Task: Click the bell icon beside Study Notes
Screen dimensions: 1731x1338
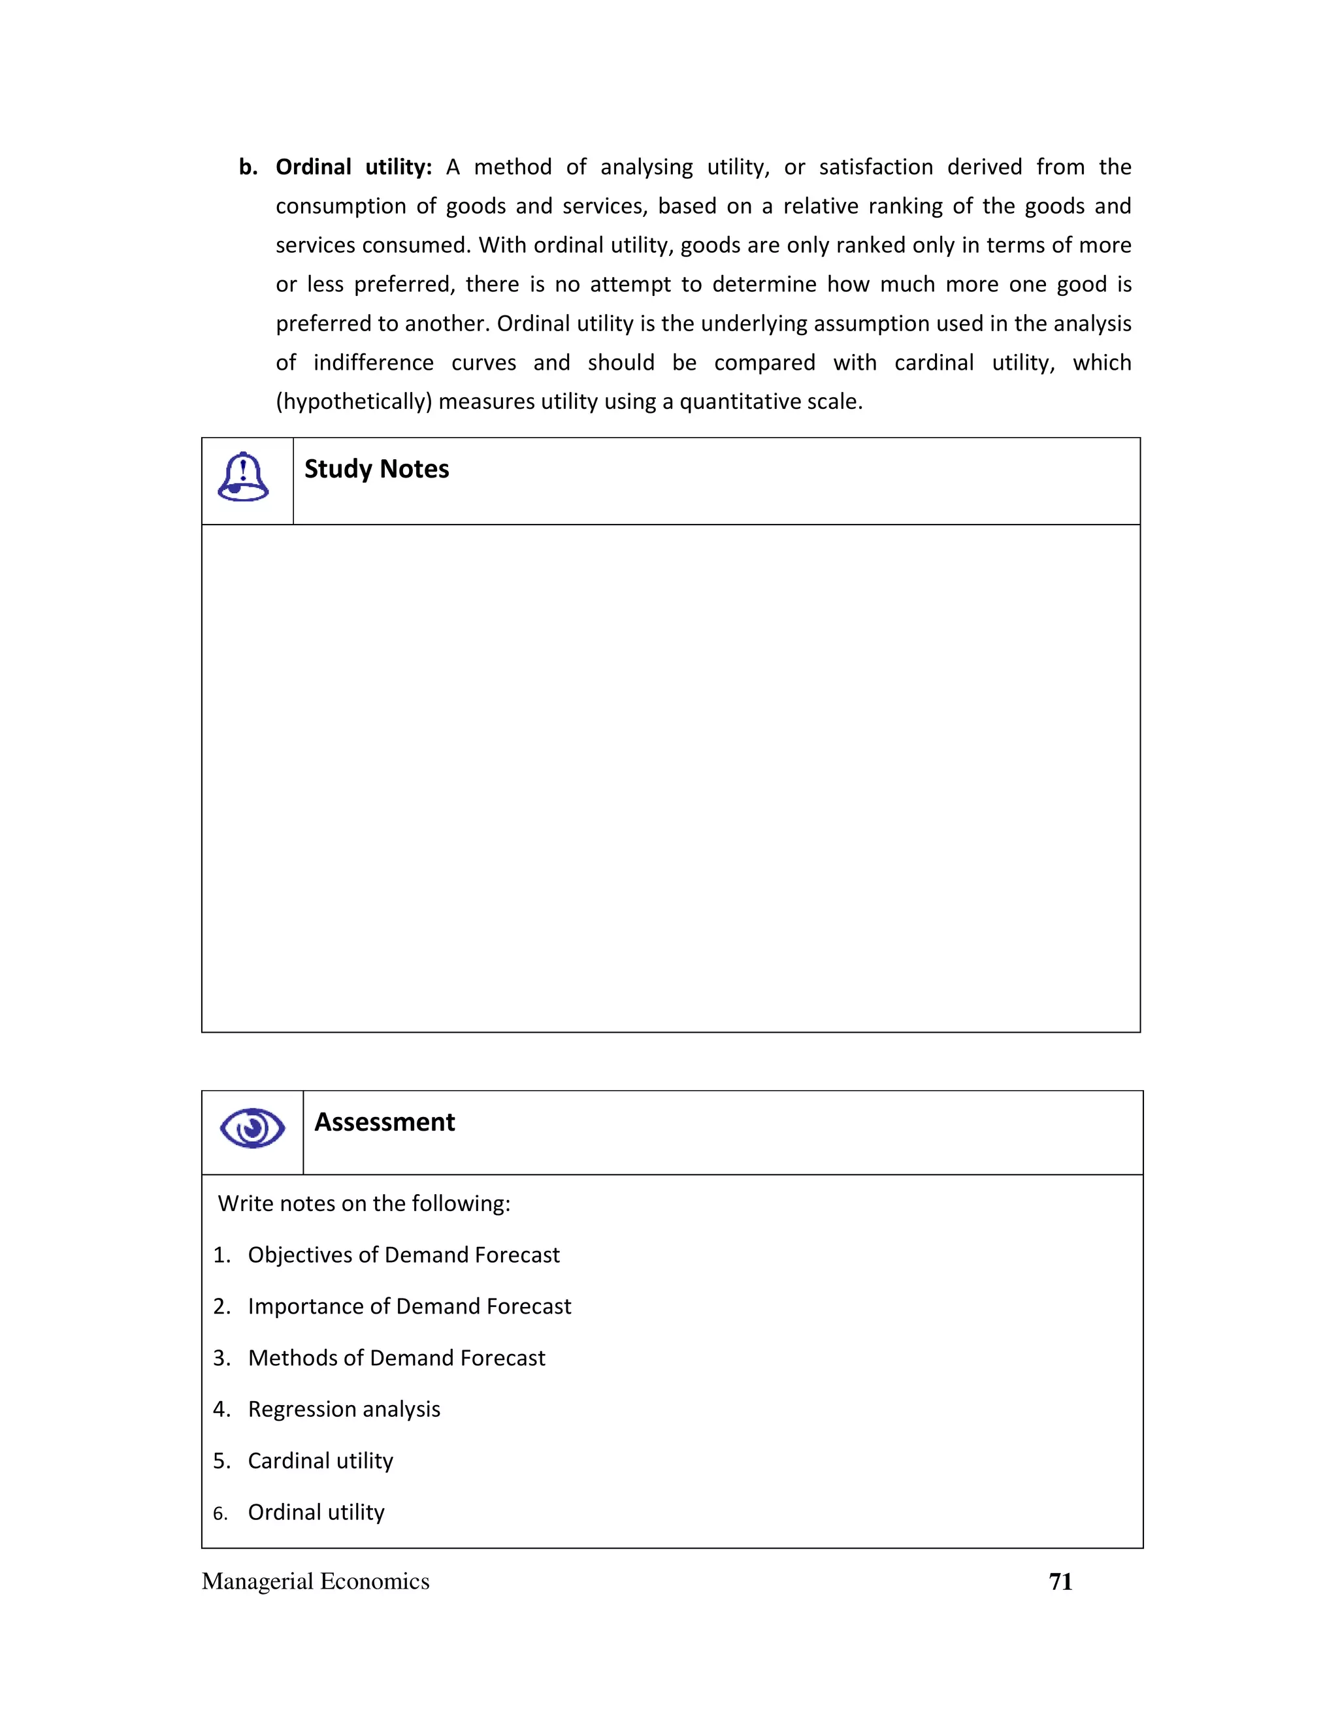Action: [243, 477]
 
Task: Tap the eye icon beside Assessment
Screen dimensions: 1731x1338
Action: [252, 1128]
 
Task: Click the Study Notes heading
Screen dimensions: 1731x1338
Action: [376, 469]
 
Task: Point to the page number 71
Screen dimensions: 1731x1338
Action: [1060, 1581]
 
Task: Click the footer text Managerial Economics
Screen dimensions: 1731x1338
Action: [316, 1581]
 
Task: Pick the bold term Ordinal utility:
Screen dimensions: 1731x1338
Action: [353, 167]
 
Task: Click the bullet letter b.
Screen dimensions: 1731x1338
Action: [248, 167]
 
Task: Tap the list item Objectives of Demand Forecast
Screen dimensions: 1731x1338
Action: [404, 1255]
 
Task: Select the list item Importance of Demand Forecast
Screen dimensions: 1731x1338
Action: [409, 1306]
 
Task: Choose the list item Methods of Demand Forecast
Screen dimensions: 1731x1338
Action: [397, 1358]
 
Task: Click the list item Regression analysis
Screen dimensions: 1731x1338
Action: [344, 1409]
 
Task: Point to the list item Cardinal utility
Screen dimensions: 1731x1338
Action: [320, 1461]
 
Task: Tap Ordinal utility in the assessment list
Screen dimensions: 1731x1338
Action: [316, 1512]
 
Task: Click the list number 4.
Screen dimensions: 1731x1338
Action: [221, 1409]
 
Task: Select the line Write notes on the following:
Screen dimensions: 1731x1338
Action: [365, 1203]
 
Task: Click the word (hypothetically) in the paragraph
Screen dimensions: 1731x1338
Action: [353, 402]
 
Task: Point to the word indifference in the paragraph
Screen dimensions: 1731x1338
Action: [373, 363]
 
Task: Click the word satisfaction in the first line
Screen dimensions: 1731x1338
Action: [876, 167]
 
